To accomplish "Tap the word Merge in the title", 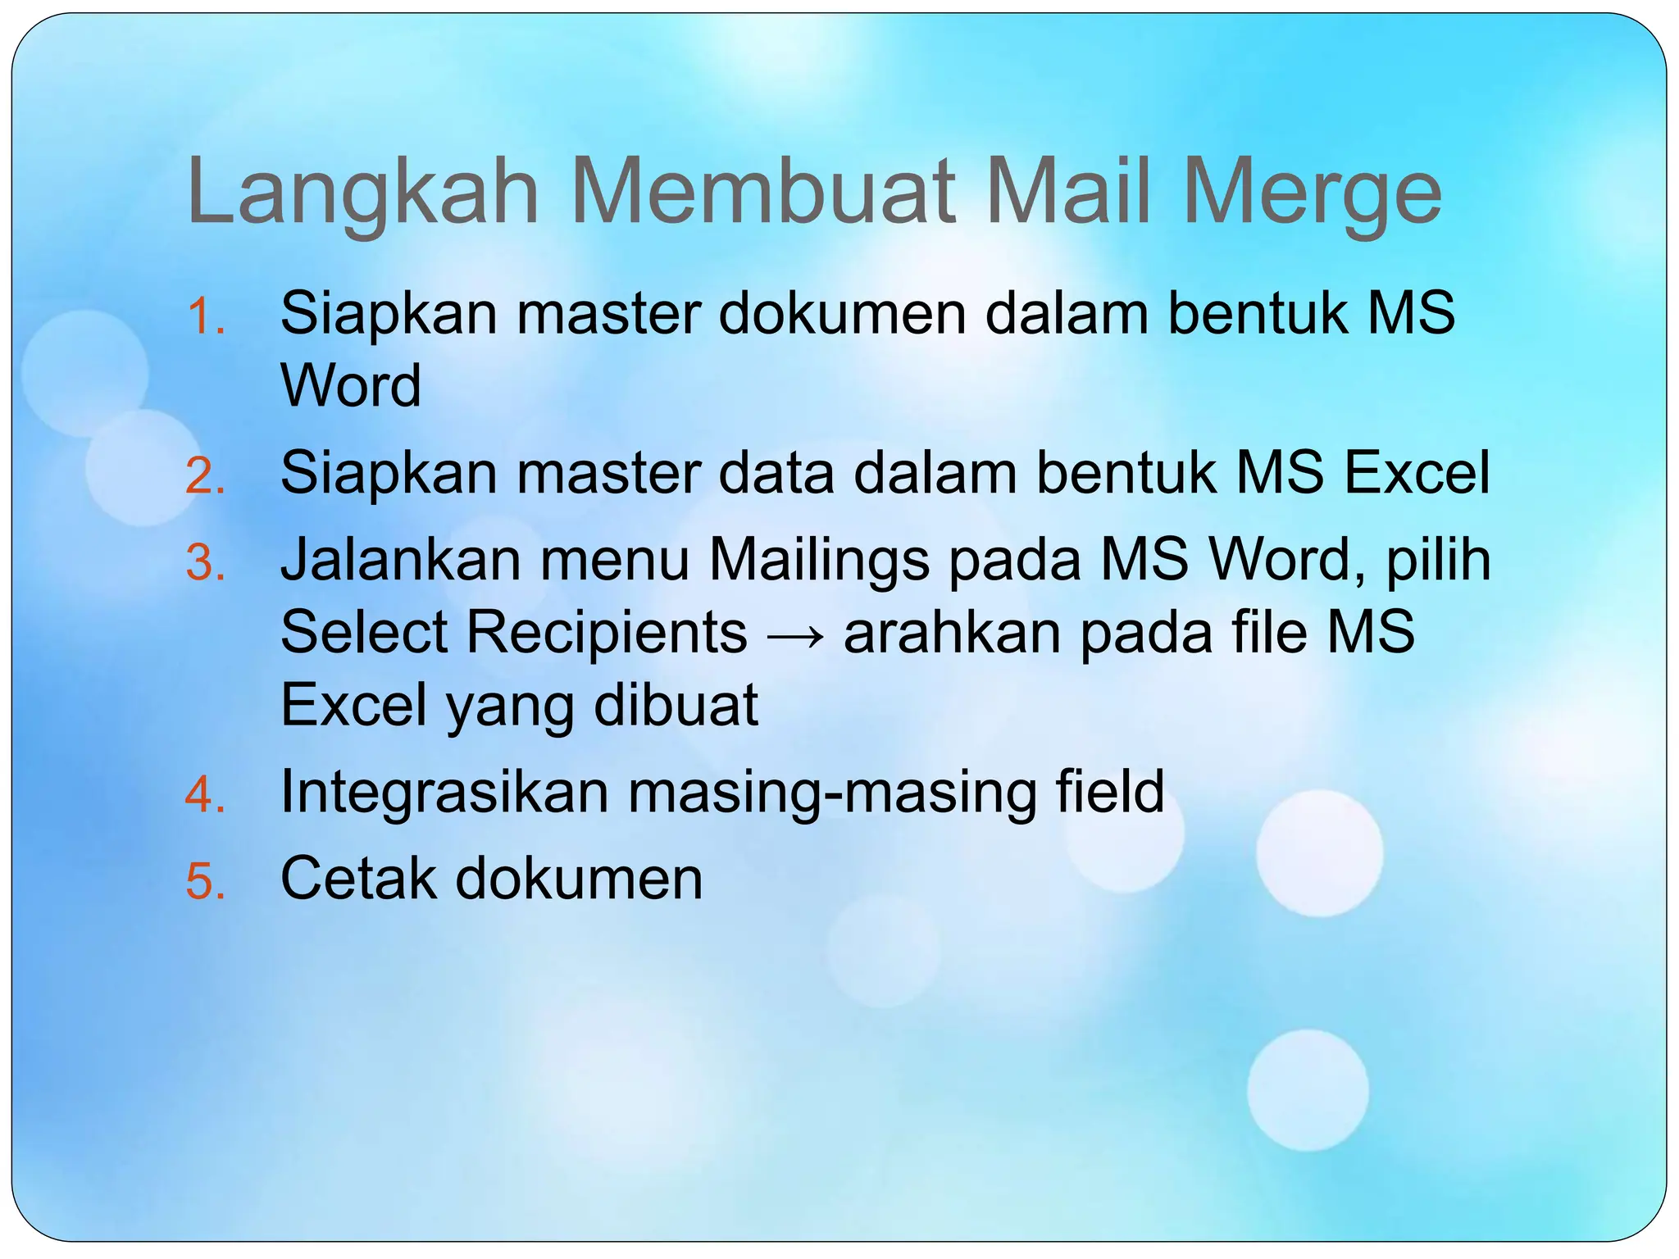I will click(x=1311, y=193).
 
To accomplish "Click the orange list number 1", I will click(x=205, y=316).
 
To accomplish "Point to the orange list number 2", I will click(x=206, y=475).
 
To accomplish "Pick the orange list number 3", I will click(x=206, y=563).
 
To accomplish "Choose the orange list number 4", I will click(x=206, y=794).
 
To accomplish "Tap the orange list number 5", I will click(x=206, y=882).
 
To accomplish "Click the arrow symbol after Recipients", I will click(x=795, y=634).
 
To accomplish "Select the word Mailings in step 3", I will click(x=819, y=561).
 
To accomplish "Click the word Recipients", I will click(x=607, y=634).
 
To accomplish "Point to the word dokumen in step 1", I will click(x=843, y=314).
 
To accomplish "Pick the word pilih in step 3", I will click(x=1438, y=562).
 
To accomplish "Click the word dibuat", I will click(x=676, y=705).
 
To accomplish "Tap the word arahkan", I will click(x=953, y=633).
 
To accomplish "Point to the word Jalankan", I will click(x=401, y=561).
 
